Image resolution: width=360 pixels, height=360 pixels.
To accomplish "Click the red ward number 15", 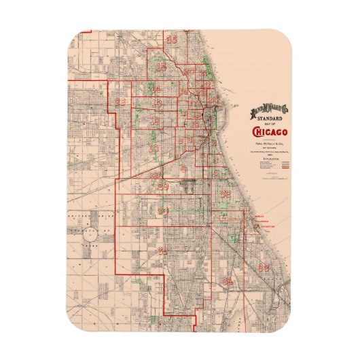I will tap(162, 67).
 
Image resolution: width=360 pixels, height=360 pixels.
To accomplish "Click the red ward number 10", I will tap(155, 147).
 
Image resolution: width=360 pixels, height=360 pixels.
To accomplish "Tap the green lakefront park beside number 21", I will tap(208, 67).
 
